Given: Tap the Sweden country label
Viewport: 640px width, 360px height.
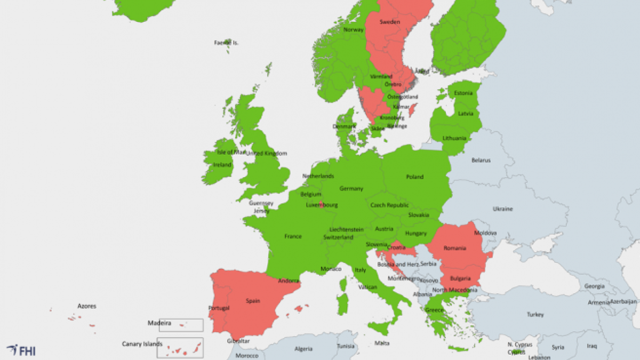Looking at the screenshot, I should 389,22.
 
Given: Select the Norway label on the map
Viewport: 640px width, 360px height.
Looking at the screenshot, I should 353,30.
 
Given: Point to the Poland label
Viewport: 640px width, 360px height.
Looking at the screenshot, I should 414,177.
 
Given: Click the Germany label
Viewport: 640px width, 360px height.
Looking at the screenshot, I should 351,189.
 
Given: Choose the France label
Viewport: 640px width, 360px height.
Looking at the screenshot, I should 293,236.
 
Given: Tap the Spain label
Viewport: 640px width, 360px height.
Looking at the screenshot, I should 252,301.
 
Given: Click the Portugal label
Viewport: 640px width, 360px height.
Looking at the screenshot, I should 219,308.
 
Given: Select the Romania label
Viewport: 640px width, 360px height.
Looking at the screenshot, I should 454,248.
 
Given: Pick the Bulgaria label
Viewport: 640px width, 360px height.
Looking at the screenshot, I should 460,278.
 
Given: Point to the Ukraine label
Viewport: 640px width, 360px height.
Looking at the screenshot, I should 502,209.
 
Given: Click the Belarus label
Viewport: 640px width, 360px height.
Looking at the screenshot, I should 481,160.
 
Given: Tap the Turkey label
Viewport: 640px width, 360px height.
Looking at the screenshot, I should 535,315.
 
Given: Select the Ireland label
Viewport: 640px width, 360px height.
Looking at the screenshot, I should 222,165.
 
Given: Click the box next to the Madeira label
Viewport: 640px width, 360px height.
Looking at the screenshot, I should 181,325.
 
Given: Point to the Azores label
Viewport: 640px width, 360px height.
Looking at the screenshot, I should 87,306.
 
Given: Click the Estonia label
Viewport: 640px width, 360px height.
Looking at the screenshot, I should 463,93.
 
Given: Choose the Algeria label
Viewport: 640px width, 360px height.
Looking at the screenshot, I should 303,349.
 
